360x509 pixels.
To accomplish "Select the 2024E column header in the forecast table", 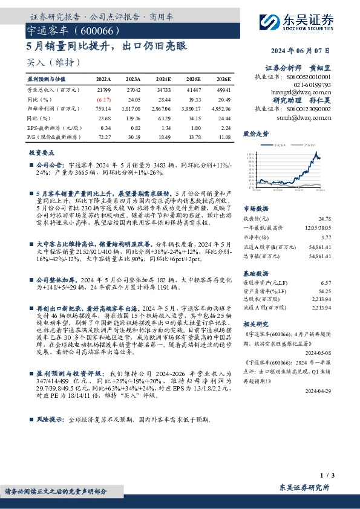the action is pos(163,79).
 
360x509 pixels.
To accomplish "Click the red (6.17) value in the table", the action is pos(104,99).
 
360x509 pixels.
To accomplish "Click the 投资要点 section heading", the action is pos(42,153).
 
